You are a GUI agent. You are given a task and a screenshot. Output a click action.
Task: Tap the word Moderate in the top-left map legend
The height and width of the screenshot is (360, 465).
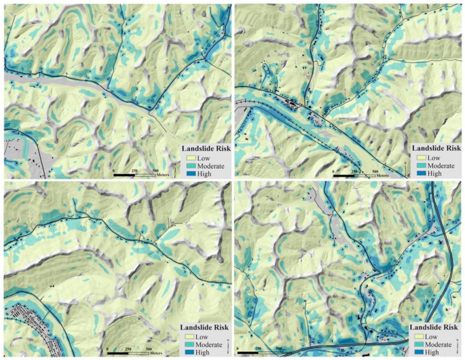pos(212,165)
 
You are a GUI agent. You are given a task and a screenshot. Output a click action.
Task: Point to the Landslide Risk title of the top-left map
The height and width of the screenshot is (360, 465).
pos(204,147)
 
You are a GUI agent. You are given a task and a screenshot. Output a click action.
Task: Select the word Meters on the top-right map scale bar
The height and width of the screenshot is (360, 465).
pos(381,175)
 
